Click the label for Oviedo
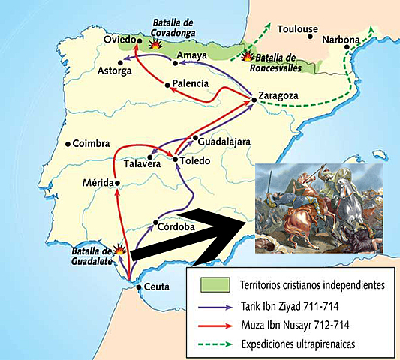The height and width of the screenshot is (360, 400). tap(119, 39)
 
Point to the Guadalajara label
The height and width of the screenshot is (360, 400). tap(225, 140)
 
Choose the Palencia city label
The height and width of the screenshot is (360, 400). tap(189, 83)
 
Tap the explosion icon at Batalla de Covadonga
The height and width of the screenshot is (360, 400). tap(156, 45)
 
